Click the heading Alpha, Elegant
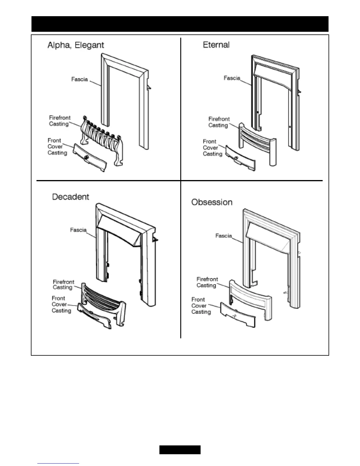(76, 45)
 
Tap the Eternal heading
(216, 45)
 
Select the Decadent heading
(71, 197)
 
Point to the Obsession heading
(212, 202)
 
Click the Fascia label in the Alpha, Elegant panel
(79, 79)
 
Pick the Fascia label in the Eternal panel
(232, 78)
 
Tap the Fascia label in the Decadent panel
(78, 230)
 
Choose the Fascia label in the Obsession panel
(224, 236)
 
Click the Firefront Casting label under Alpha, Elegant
(59, 121)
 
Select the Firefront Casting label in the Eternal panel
(219, 122)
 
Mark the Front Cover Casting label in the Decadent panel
(61, 304)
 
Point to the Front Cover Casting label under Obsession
(201, 306)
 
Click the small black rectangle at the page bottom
(180, 450)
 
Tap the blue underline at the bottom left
(58, 464)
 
